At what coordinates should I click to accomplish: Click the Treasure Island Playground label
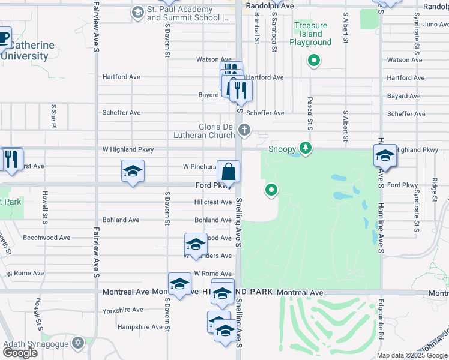click(x=310, y=34)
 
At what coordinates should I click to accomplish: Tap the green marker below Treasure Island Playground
click(x=313, y=60)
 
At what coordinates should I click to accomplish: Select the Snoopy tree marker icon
click(x=306, y=148)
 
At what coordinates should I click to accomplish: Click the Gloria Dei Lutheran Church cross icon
click(x=244, y=130)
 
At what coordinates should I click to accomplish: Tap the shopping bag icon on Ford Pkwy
click(x=229, y=172)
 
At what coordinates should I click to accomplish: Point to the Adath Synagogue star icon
click(x=77, y=343)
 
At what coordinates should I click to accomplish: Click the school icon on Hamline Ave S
click(x=384, y=156)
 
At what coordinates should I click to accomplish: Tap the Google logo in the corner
click(x=20, y=353)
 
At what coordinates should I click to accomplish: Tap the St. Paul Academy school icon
click(x=137, y=12)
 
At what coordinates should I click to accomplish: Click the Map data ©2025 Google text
click(x=412, y=355)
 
